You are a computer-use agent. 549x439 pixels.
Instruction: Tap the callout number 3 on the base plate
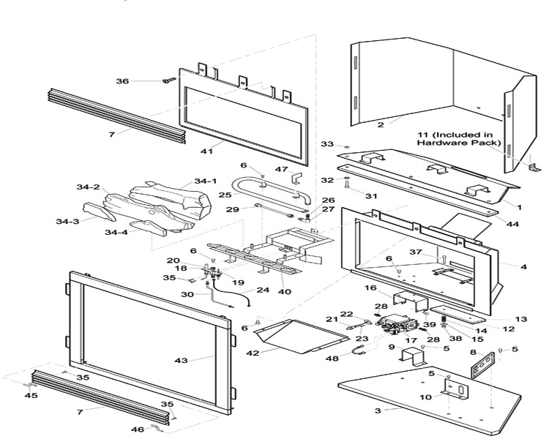(378, 411)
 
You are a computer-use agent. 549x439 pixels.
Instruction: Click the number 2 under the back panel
(381, 125)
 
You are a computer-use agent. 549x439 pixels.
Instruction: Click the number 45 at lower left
(31, 396)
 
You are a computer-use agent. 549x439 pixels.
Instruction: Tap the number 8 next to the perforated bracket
(473, 353)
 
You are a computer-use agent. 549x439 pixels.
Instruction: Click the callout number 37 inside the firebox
(416, 252)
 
